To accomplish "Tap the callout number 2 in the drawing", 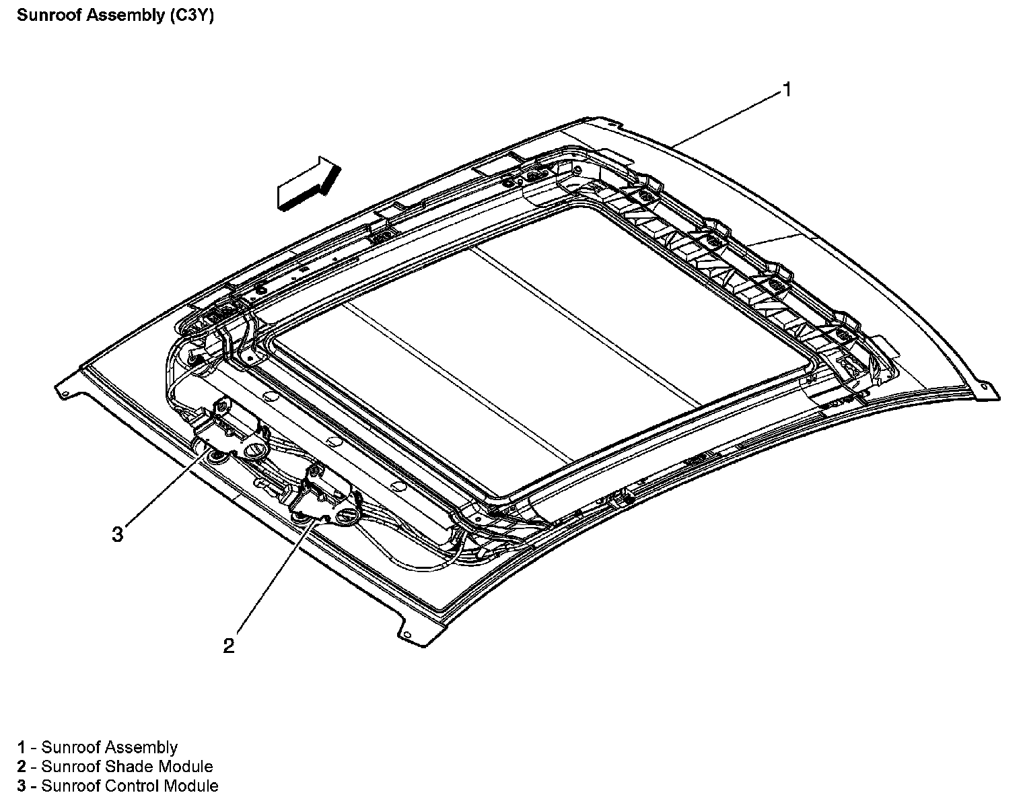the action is pyautogui.click(x=229, y=646).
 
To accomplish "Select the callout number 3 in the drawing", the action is pyautogui.click(x=118, y=535).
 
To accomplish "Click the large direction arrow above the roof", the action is pyautogui.click(x=306, y=183).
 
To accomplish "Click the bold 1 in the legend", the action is pyautogui.click(x=22, y=747).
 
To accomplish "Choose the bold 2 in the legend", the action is pyautogui.click(x=22, y=767).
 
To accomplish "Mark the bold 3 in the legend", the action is pyautogui.click(x=22, y=786).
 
